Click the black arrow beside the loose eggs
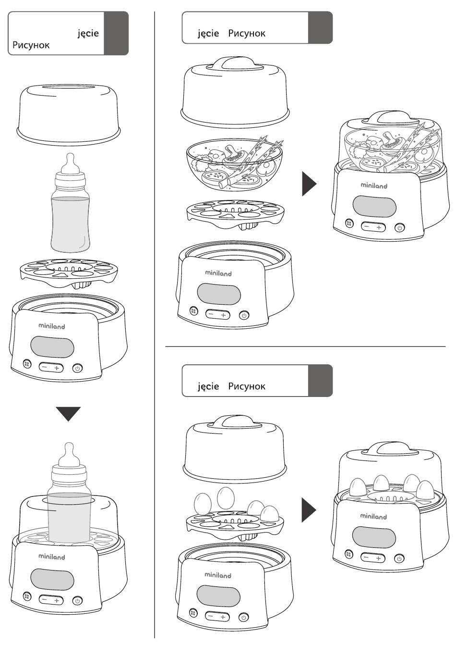coord(309,509)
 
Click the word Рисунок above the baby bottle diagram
coord(31,46)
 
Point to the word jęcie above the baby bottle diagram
coord(88,33)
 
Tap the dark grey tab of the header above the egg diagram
coord(320,381)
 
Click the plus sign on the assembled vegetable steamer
coord(379,227)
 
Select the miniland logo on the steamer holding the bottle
coord(51,557)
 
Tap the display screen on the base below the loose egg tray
coord(218,596)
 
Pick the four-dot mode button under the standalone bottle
coord(27,365)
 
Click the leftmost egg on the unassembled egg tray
coord(202,504)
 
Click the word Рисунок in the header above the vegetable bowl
coord(246,34)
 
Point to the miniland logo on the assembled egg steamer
coord(373,517)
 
